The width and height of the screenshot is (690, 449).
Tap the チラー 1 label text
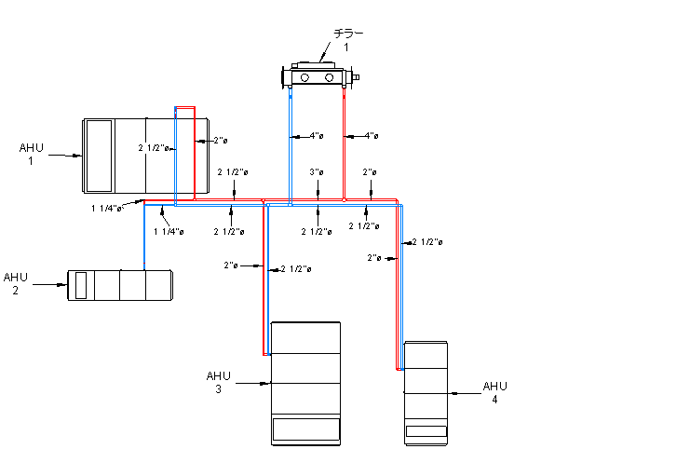tap(348, 39)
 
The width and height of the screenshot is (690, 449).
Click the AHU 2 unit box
tap(120, 285)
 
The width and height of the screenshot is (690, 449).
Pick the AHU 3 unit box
tap(305, 383)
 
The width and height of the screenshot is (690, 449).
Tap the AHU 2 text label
tap(16, 283)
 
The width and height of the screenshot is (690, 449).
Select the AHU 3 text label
tap(218, 382)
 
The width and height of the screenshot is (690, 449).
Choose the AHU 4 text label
tap(494, 392)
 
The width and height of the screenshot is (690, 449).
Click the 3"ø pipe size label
tap(317, 172)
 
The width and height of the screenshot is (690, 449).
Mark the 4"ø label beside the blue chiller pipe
tap(316, 136)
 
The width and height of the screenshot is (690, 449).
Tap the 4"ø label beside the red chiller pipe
tap(371, 136)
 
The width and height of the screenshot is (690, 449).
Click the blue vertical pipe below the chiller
tap(291, 140)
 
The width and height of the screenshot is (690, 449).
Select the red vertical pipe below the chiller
tap(345, 140)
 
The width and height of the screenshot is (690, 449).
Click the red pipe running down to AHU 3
tap(264, 279)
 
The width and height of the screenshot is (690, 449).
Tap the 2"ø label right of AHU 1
tap(220, 141)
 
